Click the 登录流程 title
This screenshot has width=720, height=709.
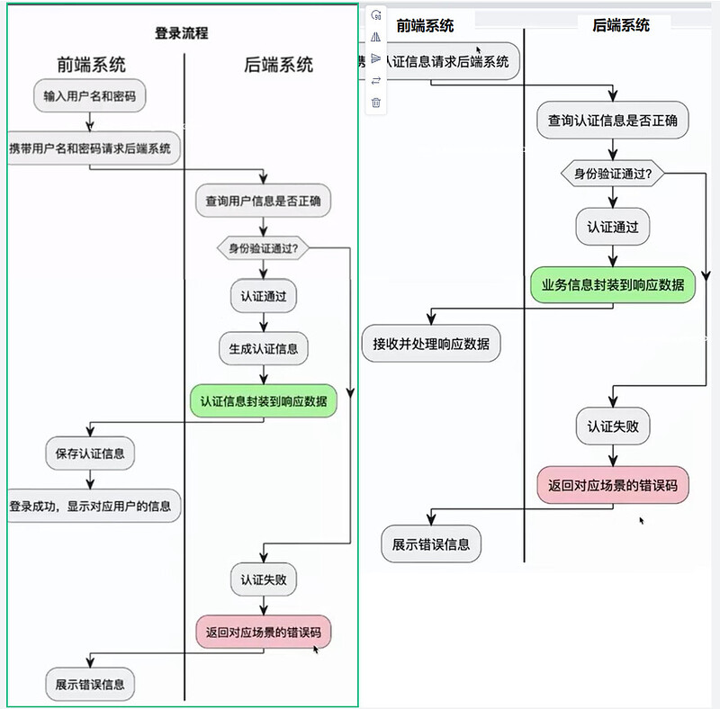(x=182, y=33)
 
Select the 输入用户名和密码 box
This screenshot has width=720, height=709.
(x=90, y=95)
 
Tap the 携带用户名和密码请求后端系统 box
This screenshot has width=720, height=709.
(x=90, y=148)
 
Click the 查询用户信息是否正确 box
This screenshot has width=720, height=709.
(x=263, y=200)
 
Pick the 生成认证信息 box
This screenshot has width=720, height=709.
(x=263, y=347)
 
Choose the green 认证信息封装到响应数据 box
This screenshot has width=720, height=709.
(x=263, y=400)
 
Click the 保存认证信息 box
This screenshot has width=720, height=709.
(x=90, y=453)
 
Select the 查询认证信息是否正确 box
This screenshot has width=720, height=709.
(x=612, y=120)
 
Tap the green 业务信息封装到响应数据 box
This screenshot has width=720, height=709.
(x=612, y=285)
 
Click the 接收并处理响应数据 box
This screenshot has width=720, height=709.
(x=431, y=344)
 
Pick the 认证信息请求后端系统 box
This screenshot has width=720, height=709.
(x=443, y=62)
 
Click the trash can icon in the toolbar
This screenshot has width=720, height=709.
(x=376, y=103)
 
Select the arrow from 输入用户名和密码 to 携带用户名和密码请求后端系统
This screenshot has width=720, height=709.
(x=90, y=121)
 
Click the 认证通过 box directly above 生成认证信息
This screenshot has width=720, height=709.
(x=263, y=296)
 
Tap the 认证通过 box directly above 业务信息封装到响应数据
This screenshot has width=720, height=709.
(x=612, y=227)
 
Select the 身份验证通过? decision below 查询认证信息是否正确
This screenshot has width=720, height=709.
(x=612, y=173)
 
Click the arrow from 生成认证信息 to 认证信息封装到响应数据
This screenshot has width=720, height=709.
(x=263, y=373)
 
